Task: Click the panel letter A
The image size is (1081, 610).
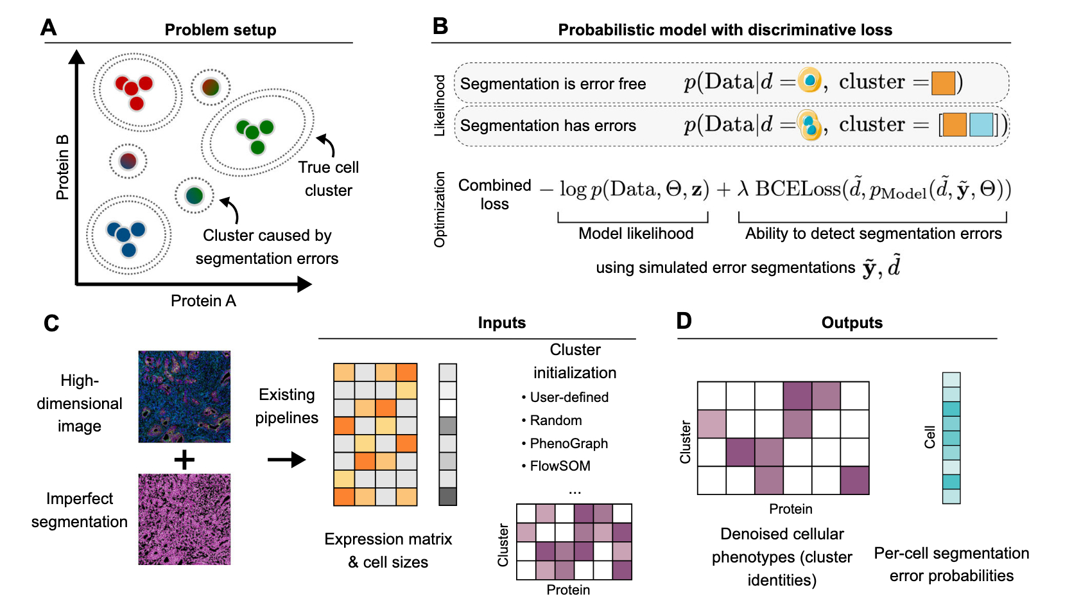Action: coord(49,28)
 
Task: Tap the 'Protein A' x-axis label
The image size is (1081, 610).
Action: coord(203,301)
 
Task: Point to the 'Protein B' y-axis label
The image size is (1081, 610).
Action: coord(62,167)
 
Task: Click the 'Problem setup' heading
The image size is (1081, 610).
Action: coord(220,30)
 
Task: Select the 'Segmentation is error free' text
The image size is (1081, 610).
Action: coord(553,84)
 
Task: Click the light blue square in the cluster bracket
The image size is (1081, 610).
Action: coord(981,125)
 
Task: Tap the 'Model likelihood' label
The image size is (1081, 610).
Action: coord(636,233)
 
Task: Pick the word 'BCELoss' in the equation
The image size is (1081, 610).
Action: coord(798,189)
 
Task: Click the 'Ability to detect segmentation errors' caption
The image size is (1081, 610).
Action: coord(873,233)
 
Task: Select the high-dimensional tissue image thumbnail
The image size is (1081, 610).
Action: coord(184,396)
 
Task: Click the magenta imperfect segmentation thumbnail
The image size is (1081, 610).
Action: coord(184,519)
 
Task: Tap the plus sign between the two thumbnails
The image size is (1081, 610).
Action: coord(184,460)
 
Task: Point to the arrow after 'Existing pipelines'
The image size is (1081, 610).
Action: coord(286,460)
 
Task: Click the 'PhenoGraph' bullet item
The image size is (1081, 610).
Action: coord(569,443)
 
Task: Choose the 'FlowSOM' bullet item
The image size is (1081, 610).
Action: coord(560,466)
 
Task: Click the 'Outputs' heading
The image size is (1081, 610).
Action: coord(852,322)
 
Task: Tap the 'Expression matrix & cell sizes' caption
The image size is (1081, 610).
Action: coord(388,550)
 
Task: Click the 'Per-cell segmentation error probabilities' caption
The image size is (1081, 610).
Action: coord(951,564)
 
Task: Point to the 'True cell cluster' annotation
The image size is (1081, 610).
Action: coord(328,179)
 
